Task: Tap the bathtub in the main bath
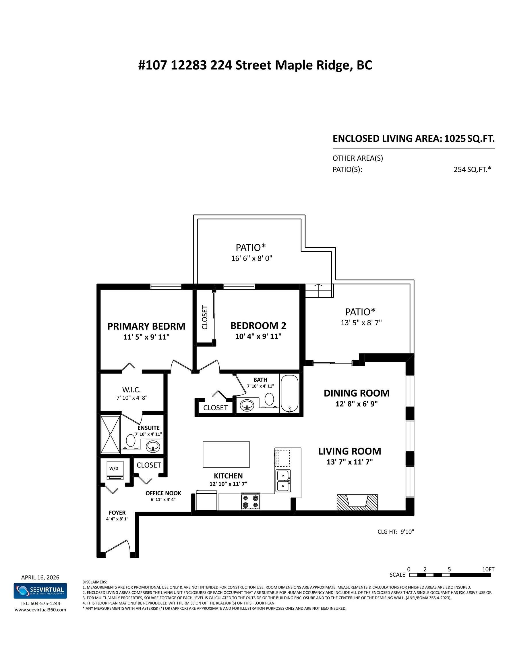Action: [x=289, y=393]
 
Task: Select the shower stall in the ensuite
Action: [x=110, y=435]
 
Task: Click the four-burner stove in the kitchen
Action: [x=251, y=502]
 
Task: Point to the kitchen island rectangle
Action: [x=226, y=454]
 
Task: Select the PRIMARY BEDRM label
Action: [x=146, y=326]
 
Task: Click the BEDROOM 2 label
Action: [x=258, y=326]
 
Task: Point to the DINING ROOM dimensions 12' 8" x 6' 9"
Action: [x=357, y=404]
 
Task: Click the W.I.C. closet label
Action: [x=131, y=390]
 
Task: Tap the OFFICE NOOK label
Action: [x=163, y=493]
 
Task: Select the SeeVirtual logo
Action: [x=40, y=591]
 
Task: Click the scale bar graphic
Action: [x=450, y=575]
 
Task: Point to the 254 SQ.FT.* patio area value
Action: [x=472, y=170]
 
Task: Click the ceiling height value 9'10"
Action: [x=407, y=532]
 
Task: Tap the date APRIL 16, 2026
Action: [x=40, y=578]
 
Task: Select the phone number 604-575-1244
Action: [x=45, y=603]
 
